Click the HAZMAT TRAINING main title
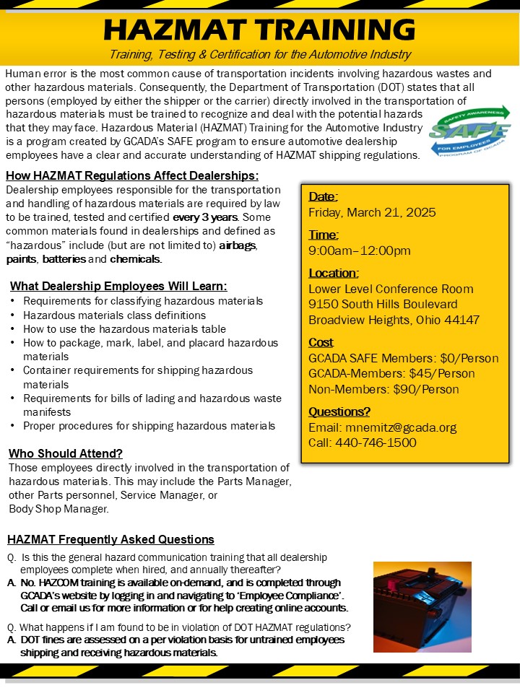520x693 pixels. click(260, 29)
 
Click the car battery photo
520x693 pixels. click(422, 606)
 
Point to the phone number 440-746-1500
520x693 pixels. click(376, 443)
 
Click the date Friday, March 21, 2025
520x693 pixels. click(372, 212)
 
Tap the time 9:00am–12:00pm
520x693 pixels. click(360, 250)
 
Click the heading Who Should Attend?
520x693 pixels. click(66, 453)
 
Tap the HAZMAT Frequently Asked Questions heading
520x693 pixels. click(110, 539)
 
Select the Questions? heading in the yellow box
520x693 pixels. click(339, 411)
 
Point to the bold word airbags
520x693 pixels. click(238, 245)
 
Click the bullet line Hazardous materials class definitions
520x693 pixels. click(114, 315)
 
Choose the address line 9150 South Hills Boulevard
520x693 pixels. click(383, 304)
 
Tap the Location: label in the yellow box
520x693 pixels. click(334, 273)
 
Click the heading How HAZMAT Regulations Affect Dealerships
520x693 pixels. click(131, 176)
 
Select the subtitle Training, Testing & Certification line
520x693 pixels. click(260, 55)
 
